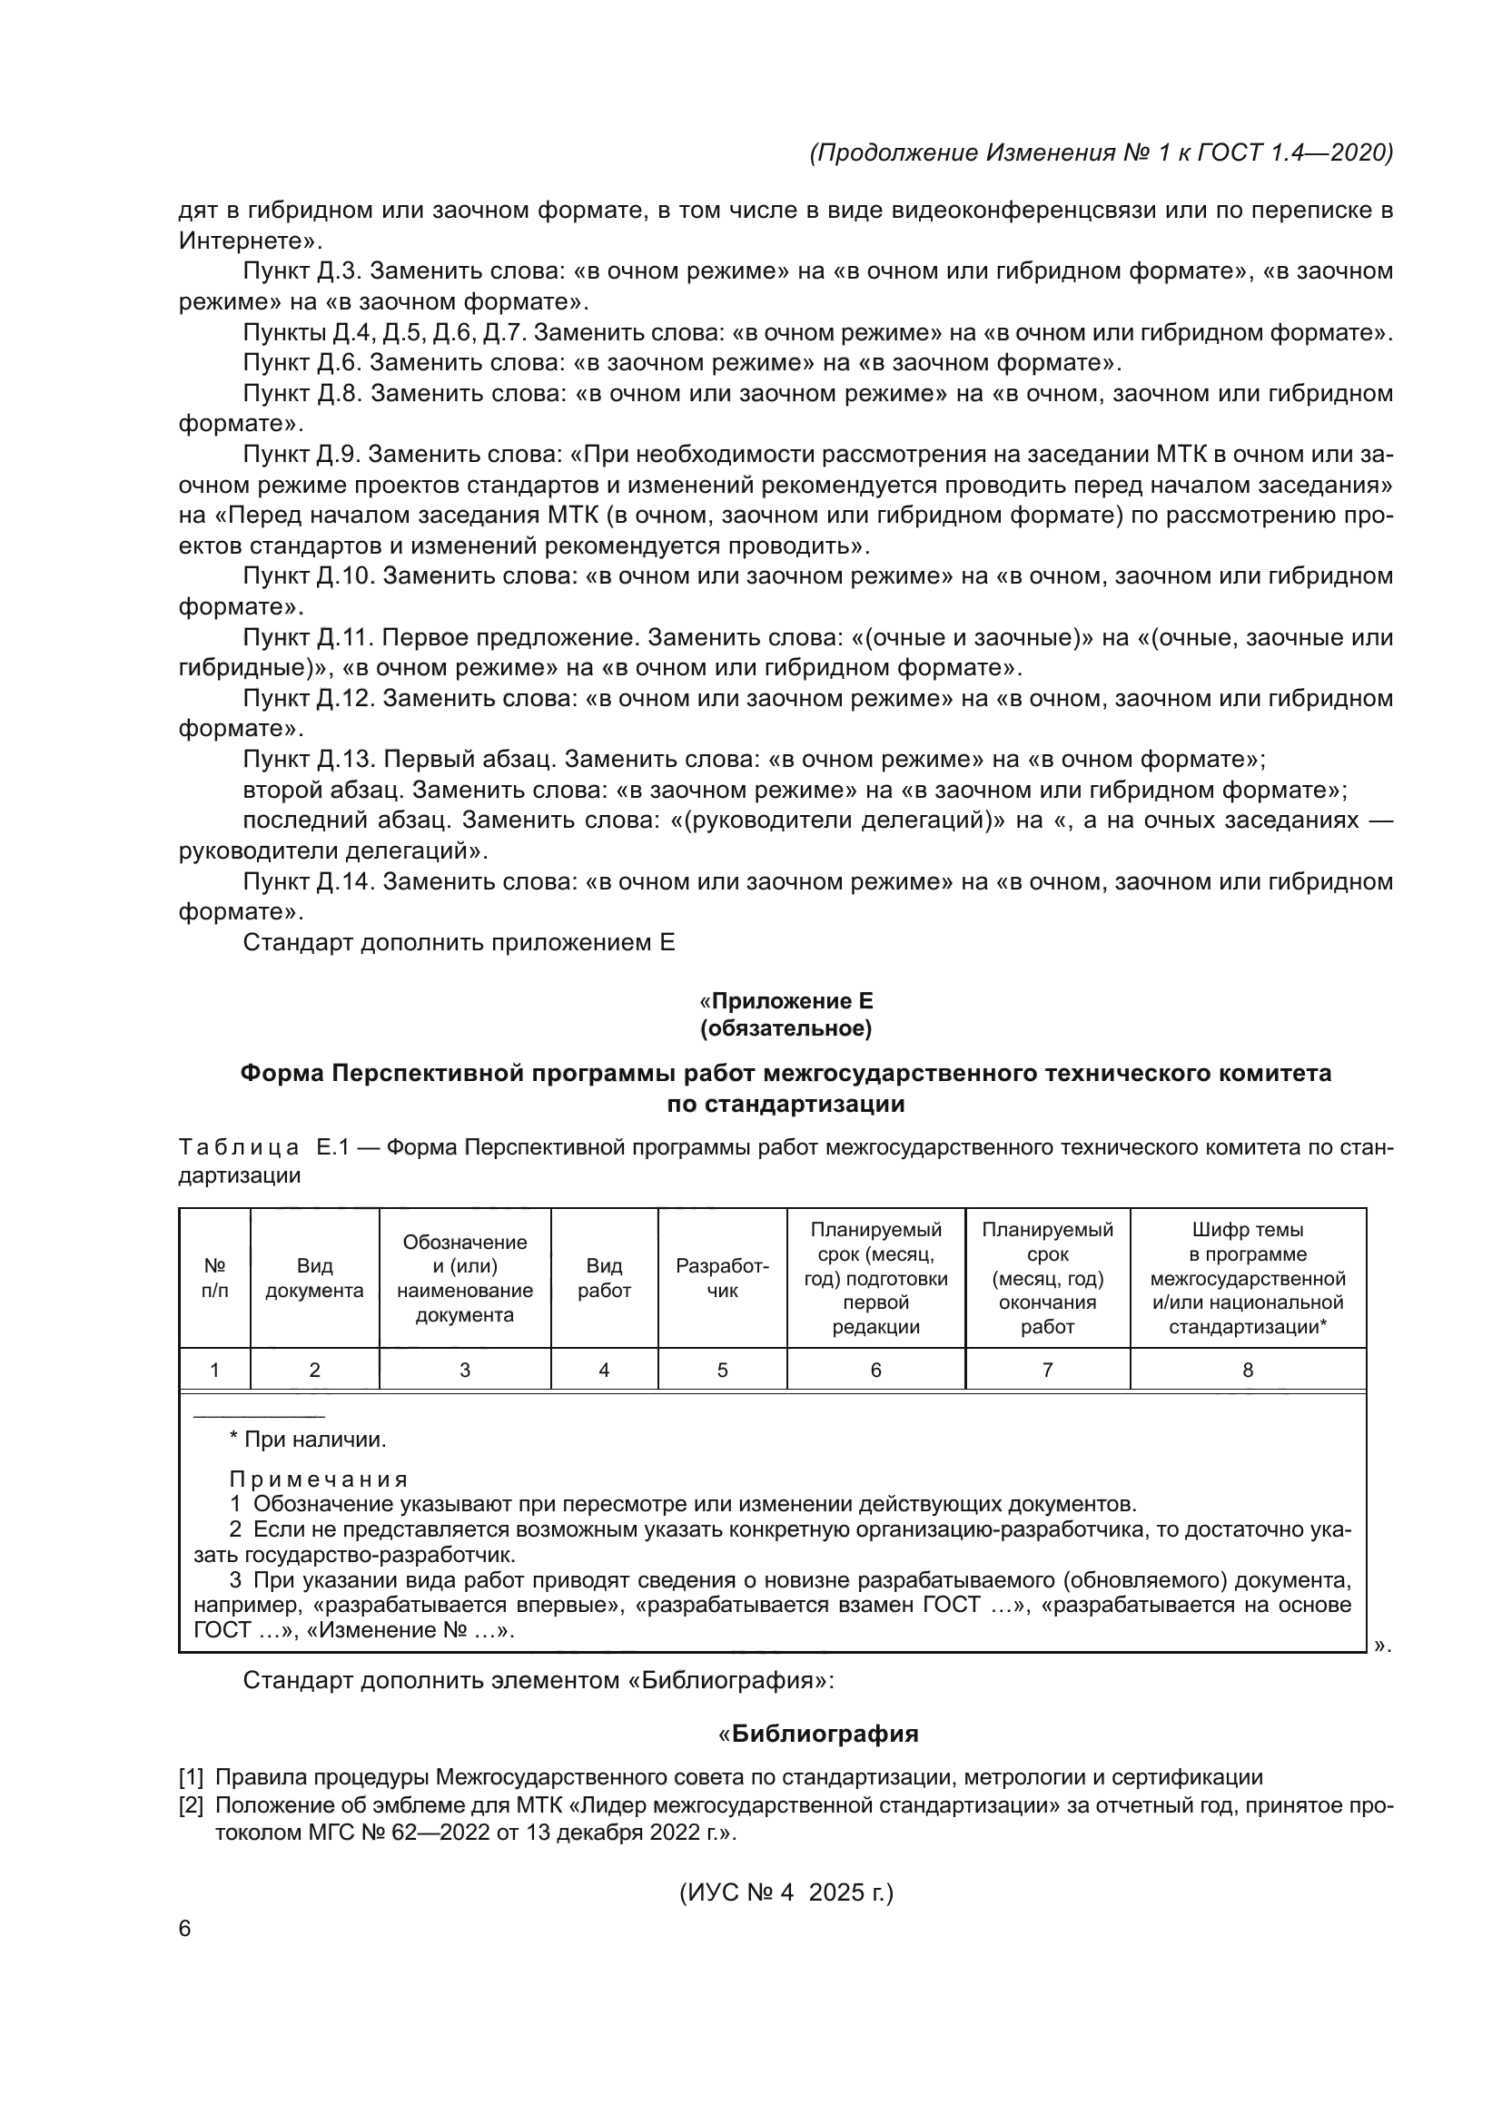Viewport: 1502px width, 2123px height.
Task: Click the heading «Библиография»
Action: tap(824, 1734)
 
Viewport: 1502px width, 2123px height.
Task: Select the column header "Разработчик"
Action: tap(722, 1278)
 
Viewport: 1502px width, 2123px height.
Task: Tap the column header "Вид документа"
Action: tap(314, 1278)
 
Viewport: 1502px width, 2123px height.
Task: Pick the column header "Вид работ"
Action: tap(604, 1278)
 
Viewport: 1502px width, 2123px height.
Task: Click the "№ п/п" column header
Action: tap(214, 1278)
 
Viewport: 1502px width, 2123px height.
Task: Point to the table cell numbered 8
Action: tap(1248, 1371)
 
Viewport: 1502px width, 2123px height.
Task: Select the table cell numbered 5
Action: tap(722, 1371)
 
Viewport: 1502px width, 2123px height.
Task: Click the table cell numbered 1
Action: tap(214, 1371)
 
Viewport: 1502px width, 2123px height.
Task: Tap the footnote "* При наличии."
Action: tap(308, 1440)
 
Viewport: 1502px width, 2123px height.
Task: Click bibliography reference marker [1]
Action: tap(192, 1777)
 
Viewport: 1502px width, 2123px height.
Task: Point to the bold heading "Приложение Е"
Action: tap(792, 1001)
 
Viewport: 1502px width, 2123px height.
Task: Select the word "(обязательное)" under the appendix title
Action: tap(786, 1028)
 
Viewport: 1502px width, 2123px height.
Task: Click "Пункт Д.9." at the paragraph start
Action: tap(302, 455)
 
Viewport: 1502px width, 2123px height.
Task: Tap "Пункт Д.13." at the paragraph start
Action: tap(309, 760)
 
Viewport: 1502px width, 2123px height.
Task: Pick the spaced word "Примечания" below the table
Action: tap(318, 1479)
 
